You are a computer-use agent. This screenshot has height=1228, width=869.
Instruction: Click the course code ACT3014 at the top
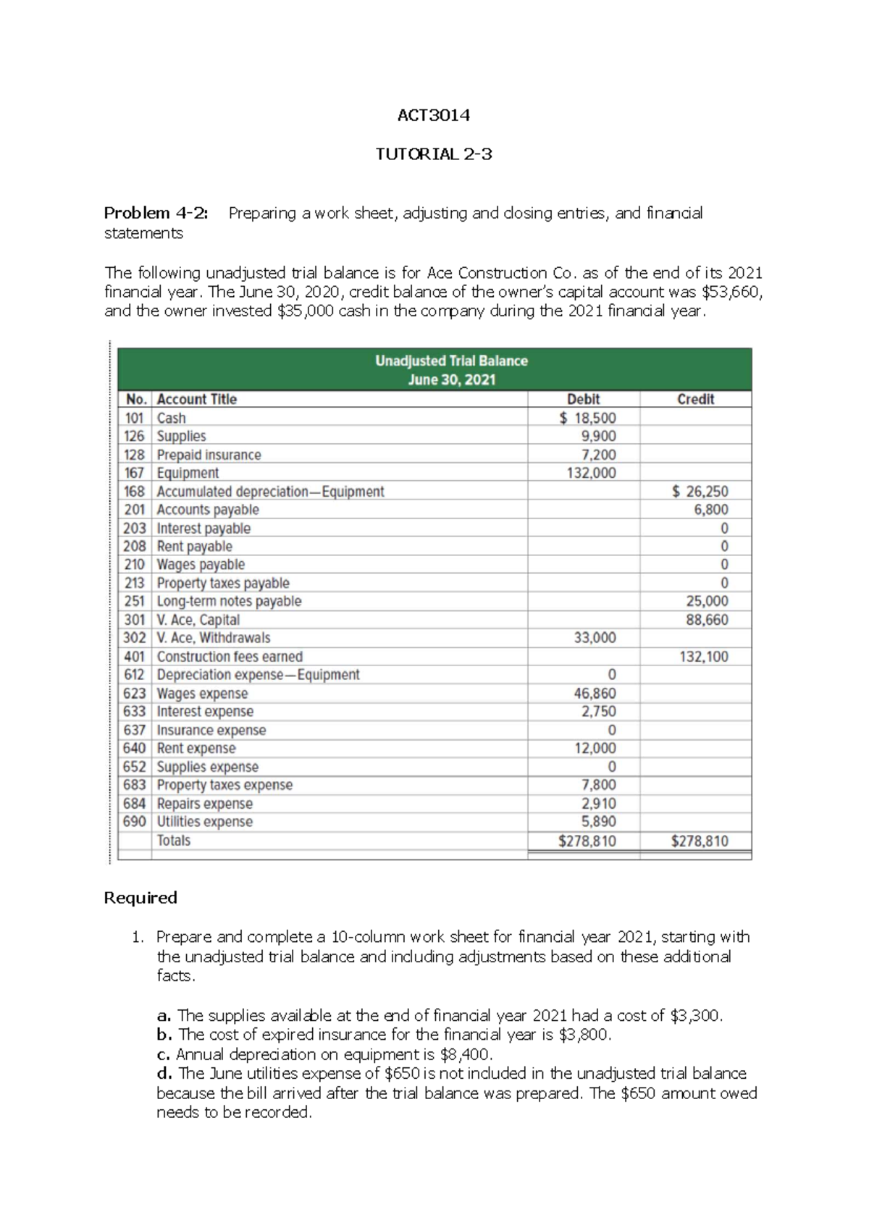(434, 115)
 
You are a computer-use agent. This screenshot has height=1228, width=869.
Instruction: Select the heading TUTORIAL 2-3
(434, 153)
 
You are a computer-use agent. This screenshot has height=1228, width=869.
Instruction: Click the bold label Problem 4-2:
(156, 213)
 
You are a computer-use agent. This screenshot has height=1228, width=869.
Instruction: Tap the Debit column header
(583, 399)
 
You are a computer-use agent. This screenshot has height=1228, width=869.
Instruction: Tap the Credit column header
(695, 399)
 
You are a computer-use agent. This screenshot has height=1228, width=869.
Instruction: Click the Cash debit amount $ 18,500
(588, 418)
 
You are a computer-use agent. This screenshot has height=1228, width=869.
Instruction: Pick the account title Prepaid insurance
(209, 455)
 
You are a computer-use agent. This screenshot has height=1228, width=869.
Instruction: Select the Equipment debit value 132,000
(592, 473)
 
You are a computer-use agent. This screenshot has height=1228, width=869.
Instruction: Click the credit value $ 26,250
(700, 492)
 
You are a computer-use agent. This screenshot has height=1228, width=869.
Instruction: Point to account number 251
(135, 601)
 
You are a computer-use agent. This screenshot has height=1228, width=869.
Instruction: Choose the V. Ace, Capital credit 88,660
(707, 620)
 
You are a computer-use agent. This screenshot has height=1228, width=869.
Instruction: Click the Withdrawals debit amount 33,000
(595, 638)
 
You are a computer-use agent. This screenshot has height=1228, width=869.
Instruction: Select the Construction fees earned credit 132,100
(703, 657)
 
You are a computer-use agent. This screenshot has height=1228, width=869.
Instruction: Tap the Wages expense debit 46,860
(595, 693)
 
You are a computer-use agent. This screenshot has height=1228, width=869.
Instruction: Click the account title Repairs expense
(204, 804)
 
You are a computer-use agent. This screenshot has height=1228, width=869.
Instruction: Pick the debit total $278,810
(587, 841)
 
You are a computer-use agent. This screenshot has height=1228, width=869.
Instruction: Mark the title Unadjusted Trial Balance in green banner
(451, 361)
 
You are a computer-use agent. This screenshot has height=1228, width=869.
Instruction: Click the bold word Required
(140, 898)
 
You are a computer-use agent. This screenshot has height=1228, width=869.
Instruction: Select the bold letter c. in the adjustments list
(163, 1054)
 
